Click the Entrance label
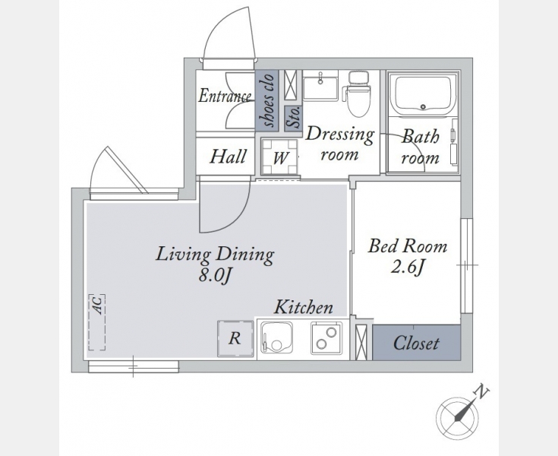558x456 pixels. [x=225, y=97]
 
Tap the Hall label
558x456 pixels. [x=228, y=157]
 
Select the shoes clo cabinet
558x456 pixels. [x=266, y=100]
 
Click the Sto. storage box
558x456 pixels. [x=293, y=119]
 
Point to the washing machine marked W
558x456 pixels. [x=279, y=157]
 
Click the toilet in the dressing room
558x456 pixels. [x=358, y=93]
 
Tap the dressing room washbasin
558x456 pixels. [x=320, y=86]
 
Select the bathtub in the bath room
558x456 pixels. [x=423, y=94]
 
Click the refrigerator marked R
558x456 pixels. [x=235, y=338]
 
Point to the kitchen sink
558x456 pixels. [x=276, y=338]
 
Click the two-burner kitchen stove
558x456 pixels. [x=326, y=338]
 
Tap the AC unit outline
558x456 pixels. [x=97, y=322]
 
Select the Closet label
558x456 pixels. [x=416, y=343]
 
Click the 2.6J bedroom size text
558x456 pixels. [x=408, y=267]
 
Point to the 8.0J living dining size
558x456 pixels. [x=216, y=276]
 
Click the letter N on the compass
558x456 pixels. [x=482, y=391]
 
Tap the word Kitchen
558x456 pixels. [x=303, y=307]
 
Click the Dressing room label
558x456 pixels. [x=340, y=144]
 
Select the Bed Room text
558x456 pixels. [x=408, y=246]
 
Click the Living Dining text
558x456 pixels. [x=215, y=255]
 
